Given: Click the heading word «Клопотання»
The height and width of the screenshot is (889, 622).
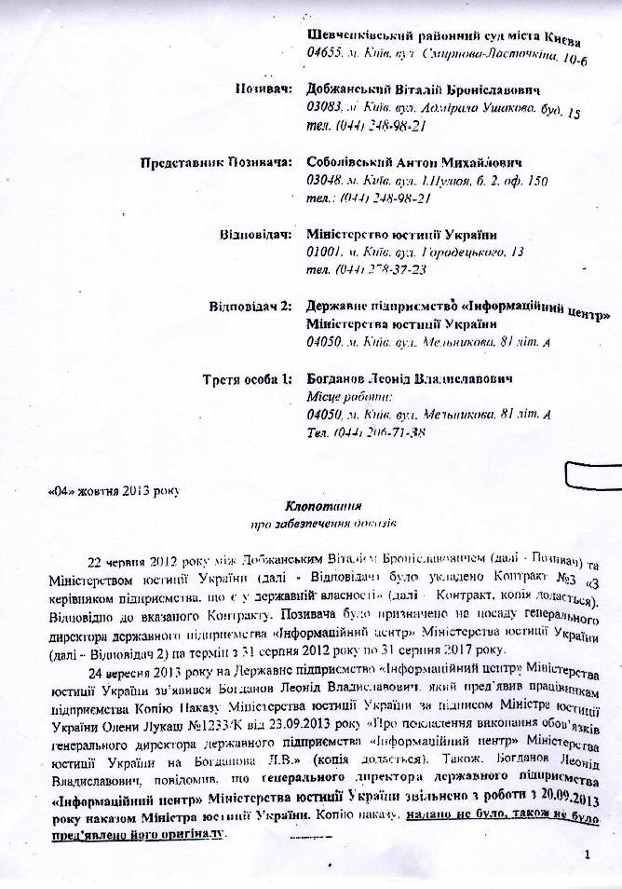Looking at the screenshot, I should click(x=323, y=505).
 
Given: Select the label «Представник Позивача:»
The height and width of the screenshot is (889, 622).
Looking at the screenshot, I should click(x=216, y=162).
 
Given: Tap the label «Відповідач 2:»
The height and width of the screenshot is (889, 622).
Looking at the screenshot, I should click(x=249, y=306).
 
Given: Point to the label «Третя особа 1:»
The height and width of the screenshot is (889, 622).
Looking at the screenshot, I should click(x=248, y=380).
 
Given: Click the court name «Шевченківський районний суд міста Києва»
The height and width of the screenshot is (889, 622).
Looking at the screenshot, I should click(x=443, y=39).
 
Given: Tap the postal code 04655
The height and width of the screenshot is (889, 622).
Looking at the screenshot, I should click(x=326, y=56).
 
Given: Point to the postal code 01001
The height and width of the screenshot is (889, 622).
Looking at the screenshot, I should click(x=325, y=253).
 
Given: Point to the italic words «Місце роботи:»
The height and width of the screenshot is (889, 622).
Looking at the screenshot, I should click(x=343, y=397).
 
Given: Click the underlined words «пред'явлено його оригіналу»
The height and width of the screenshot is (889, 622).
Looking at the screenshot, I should click(x=150, y=831).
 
